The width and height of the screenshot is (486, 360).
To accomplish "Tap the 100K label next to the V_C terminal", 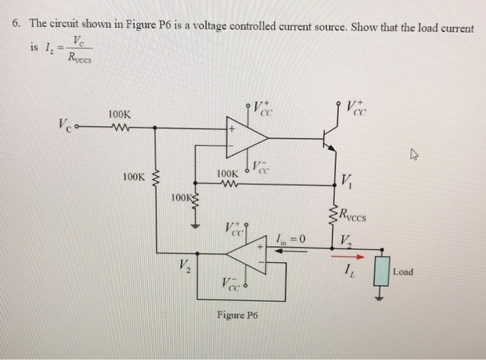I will pyautogui.click(x=119, y=114).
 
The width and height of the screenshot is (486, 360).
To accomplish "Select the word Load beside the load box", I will pyautogui.click(x=402, y=271).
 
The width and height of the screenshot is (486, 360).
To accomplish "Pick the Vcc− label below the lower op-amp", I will pyautogui.click(x=234, y=284).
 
